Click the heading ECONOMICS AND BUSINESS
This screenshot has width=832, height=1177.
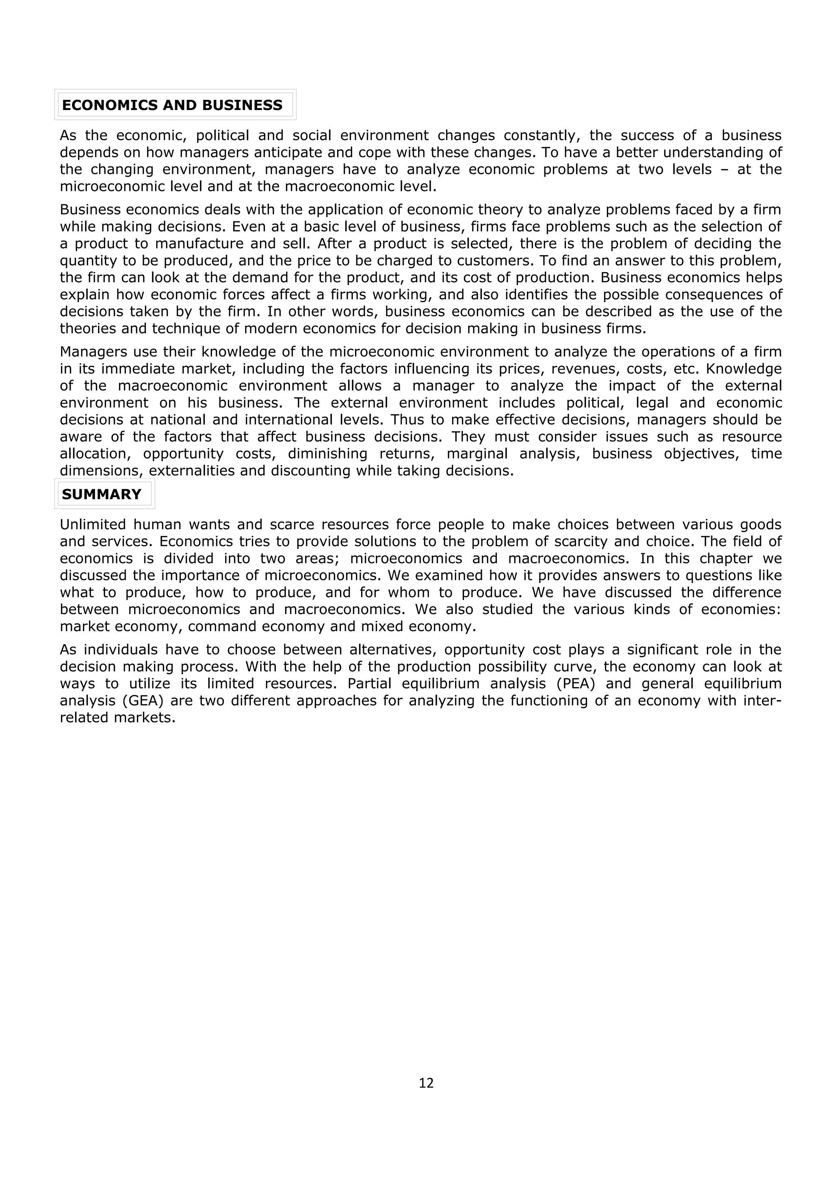[x=172, y=105]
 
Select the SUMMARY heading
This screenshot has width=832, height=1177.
[x=101, y=494]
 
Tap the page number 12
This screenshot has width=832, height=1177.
[x=426, y=1083]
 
